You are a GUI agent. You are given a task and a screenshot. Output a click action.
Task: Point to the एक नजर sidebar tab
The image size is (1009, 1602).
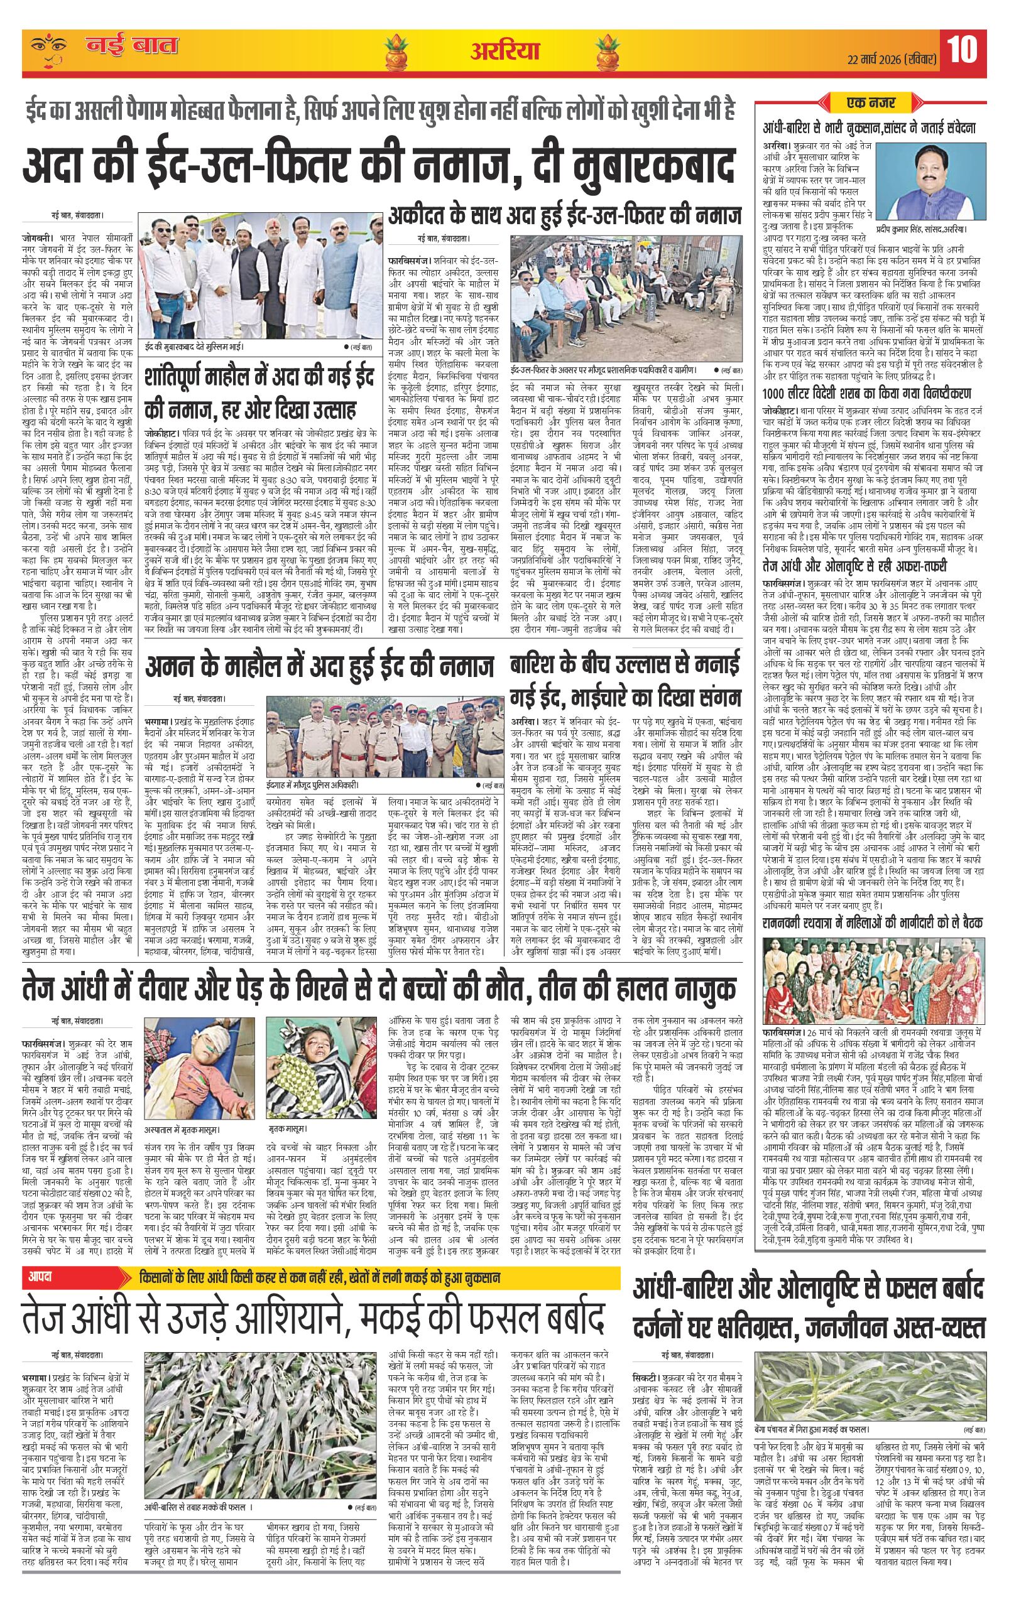pyautogui.click(x=870, y=103)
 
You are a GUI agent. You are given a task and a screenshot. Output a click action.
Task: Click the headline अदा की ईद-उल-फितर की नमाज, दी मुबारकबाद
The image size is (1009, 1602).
pyautogui.click(x=379, y=166)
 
